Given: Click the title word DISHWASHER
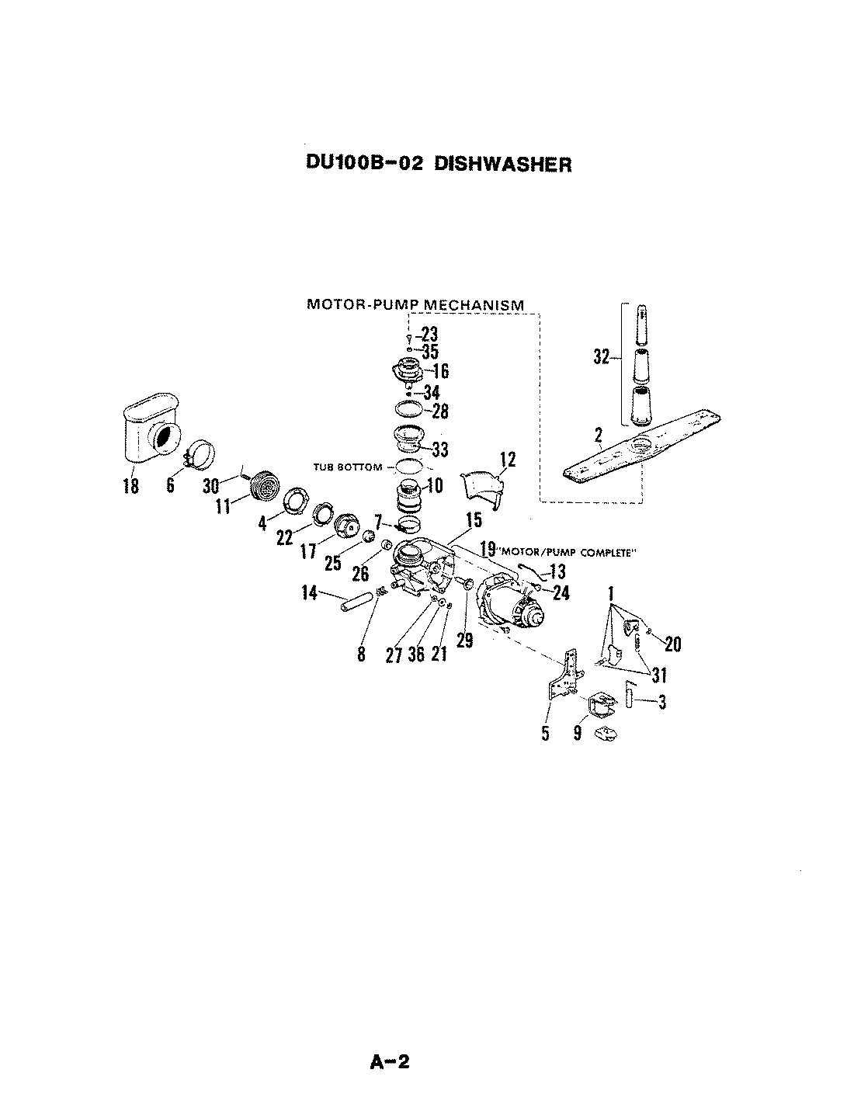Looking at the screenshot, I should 502,165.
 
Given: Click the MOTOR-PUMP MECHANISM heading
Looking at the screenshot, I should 415,304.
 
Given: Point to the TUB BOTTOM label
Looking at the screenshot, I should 348,467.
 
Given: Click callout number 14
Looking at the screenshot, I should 310,594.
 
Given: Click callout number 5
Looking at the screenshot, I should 545,732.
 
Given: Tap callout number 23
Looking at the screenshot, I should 429,335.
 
